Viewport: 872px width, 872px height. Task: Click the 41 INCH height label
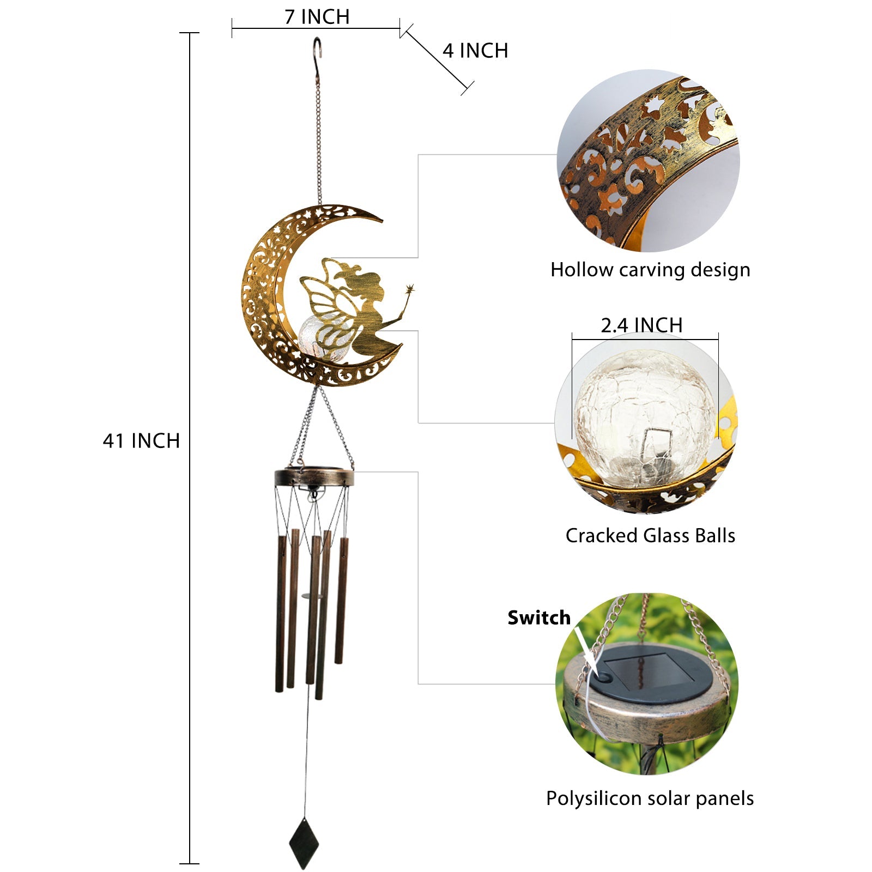pos(142,440)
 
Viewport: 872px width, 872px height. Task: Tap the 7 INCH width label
pos(317,17)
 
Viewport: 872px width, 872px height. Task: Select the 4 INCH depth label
pos(475,51)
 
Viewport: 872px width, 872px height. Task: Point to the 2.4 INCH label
pos(641,325)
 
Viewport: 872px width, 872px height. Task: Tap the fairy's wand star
pos(409,289)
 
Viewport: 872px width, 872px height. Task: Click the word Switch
pos(539,617)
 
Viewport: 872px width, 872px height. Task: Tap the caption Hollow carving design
pos(650,270)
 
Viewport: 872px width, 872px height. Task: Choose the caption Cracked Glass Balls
pos(650,535)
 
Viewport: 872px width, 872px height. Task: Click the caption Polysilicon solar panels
pos(650,798)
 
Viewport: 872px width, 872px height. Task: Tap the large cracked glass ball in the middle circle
pos(645,419)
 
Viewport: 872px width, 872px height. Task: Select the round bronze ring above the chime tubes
pos(314,477)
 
